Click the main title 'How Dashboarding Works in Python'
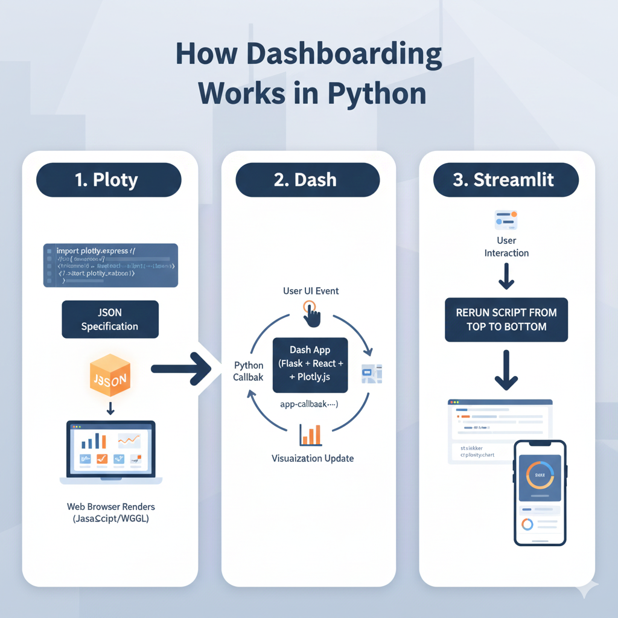pos(309,74)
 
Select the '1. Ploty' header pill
pos(109,180)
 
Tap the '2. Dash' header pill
pos(308,180)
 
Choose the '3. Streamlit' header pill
pos(506,180)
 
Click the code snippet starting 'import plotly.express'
pos(110,265)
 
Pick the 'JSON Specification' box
pos(110,320)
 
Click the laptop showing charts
pos(110,451)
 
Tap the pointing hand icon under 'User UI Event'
pos(311,314)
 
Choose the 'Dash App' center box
pos(310,365)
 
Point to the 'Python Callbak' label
pos(249,371)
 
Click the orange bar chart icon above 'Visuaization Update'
pos(310,435)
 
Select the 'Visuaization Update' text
pos(313,459)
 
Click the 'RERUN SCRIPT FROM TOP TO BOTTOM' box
pos(506,320)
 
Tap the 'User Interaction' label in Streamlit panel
pos(506,247)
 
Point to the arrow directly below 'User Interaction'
pos(506,276)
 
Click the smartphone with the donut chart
pos(540,492)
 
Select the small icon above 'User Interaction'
pos(506,220)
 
